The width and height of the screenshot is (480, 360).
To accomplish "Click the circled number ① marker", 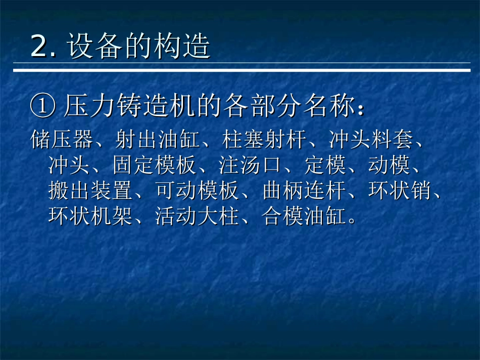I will [42, 107].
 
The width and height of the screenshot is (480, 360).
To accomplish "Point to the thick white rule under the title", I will [242, 70].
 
